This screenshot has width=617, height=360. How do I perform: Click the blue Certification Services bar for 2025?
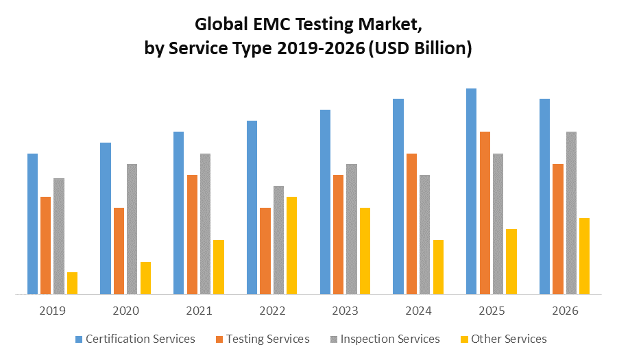471,191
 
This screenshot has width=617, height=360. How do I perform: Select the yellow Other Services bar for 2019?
72,283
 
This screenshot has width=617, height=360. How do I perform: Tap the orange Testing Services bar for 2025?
485,213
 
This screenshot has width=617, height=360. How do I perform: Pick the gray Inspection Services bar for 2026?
571,213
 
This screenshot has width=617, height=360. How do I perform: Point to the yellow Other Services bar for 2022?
291,245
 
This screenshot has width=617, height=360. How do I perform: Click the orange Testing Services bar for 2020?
119,251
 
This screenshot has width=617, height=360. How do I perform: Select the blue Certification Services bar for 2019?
32,224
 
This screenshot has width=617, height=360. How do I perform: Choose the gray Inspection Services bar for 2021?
205,224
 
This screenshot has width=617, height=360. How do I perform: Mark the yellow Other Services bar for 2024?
438,267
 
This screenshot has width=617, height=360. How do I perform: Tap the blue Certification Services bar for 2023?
325,202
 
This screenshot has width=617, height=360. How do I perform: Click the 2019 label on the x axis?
52,311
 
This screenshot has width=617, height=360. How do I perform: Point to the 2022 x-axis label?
272,311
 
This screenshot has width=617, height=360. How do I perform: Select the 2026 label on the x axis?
565,311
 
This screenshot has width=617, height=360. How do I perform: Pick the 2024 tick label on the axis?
418,311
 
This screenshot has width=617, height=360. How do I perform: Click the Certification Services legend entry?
135,339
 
